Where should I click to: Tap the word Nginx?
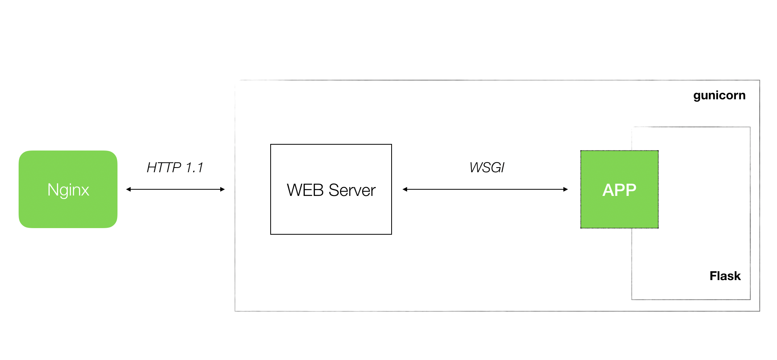[x=68, y=190]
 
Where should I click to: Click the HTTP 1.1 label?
[x=175, y=168]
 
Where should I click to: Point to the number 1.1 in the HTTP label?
[x=194, y=168]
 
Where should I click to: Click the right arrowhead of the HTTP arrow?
[x=222, y=189]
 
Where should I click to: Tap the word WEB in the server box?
[x=305, y=190]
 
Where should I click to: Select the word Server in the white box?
[x=352, y=190]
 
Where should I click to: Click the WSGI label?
[x=487, y=168]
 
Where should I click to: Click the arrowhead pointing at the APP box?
[x=565, y=189]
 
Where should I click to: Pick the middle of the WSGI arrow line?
[x=485, y=189]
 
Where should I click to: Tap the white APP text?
[x=619, y=190]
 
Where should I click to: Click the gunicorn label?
[x=719, y=95]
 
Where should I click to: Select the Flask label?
[x=725, y=276]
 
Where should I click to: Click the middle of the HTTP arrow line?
[x=175, y=189]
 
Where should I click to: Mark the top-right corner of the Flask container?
[x=750, y=127]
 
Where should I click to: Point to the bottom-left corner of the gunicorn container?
[x=235, y=311]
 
